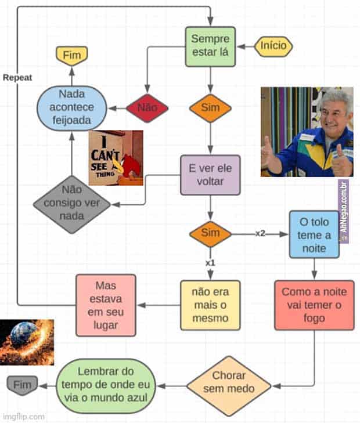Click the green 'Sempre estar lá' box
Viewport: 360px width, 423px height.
(210, 46)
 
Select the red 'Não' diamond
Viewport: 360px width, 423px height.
(147, 108)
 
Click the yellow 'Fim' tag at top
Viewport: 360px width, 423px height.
(71, 55)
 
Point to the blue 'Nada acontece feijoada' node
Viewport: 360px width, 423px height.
(71, 109)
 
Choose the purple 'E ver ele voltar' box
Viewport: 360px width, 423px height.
(210, 175)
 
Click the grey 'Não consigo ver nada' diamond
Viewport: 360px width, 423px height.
(71, 204)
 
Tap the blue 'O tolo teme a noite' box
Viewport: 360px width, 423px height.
(314, 234)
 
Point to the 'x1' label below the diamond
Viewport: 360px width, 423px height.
(210, 263)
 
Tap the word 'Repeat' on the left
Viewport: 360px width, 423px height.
(17, 77)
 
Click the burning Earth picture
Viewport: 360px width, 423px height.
(27, 342)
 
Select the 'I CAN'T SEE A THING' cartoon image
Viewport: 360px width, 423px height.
(116, 158)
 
